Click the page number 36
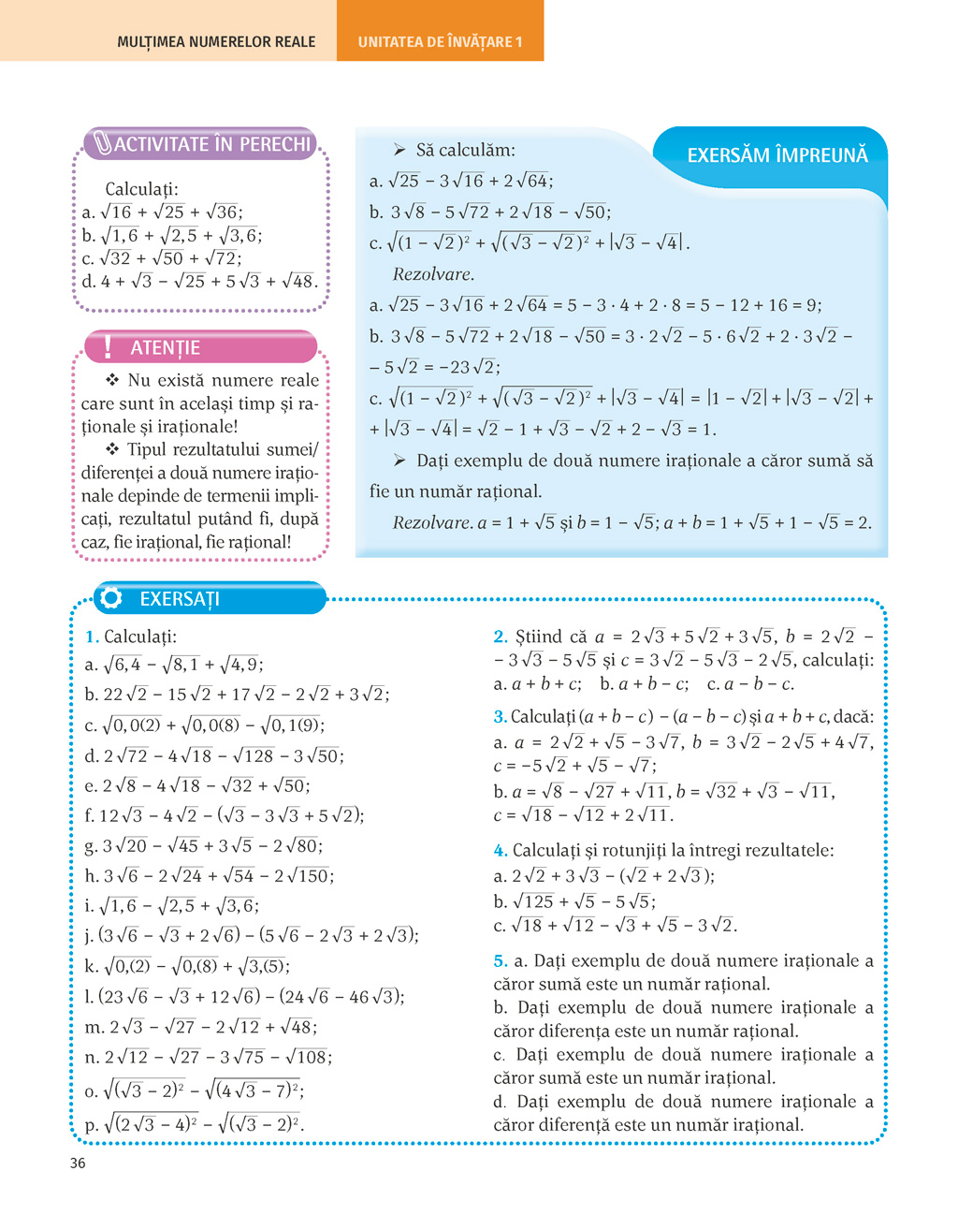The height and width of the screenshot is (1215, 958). [x=78, y=1163]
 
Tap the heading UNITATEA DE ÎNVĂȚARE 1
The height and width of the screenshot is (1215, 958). [x=440, y=42]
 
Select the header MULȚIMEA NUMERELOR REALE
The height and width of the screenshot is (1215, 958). [x=216, y=42]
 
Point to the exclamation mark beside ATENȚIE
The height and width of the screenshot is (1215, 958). [x=108, y=347]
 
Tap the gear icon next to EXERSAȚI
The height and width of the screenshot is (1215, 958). [x=110, y=598]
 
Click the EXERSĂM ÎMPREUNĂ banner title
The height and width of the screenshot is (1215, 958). [x=777, y=155]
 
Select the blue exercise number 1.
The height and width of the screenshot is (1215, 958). [x=91, y=637]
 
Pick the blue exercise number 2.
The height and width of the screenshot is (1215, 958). [x=500, y=637]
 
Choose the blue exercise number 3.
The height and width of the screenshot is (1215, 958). [x=500, y=717]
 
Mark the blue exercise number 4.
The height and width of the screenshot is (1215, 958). [x=500, y=851]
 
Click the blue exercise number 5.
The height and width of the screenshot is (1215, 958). [x=500, y=960]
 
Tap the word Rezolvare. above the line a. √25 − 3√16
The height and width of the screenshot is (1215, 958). [x=433, y=274]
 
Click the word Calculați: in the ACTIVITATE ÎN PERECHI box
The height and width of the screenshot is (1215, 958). [x=141, y=189]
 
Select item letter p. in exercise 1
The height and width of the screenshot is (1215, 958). [x=91, y=1125]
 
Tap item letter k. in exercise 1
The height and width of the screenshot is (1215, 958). [x=91, y=966]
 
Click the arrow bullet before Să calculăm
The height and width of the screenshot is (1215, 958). [x=399, y=150]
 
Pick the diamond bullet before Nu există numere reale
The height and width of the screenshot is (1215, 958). [x=112, y=380]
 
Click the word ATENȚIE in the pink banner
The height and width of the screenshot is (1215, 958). [x=165, y=347]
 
